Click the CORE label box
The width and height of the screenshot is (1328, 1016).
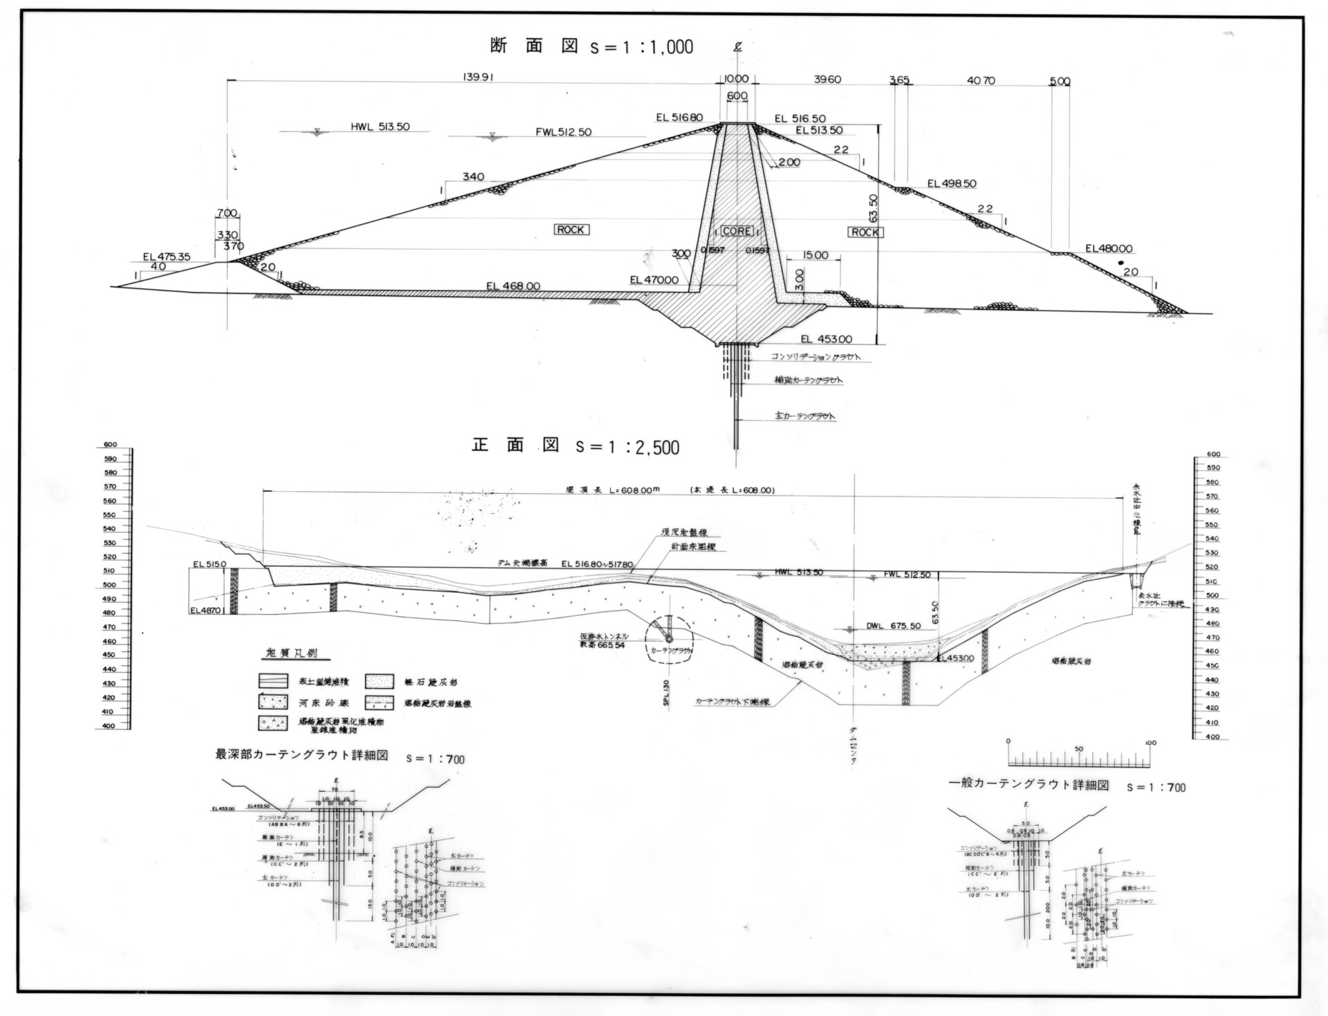pyautogui.click(x=737, y=230)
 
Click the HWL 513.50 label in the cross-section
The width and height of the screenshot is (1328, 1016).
pyautogui.click(x=380, y=127)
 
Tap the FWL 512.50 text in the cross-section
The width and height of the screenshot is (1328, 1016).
pyautogui.click(x=563, y=132)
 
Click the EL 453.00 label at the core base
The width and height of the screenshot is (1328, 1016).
pyautogui.click(x=826, y=339)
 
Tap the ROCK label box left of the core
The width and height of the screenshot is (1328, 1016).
pyautogui.click(x=571, y=230)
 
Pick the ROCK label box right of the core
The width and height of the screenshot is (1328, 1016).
pyautogui.click(x=865, y=232)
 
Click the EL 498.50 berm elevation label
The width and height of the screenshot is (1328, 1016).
pyautogui.click(x=952, y=183)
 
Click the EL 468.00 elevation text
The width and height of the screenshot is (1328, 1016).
pyautogui.click(x=513, y=286)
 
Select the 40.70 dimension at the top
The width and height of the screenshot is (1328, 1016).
pyautogui.click(x=981, y=80)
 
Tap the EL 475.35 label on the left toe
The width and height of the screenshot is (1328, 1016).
pyautogui.click(x=166, y=257)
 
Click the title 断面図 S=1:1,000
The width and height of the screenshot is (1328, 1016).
pyautogui.click(x=591, y=46)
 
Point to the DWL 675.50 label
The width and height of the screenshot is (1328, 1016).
pyautogui.click(x=893, y=625)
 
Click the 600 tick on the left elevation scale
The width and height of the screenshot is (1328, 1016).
pyautogui.click(x=111, y=445)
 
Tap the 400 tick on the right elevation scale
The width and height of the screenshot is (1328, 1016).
pyautogui.click(x=1212, y=737)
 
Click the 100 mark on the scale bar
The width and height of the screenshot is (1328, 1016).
pyautogui.click(x=1150, y=743)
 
